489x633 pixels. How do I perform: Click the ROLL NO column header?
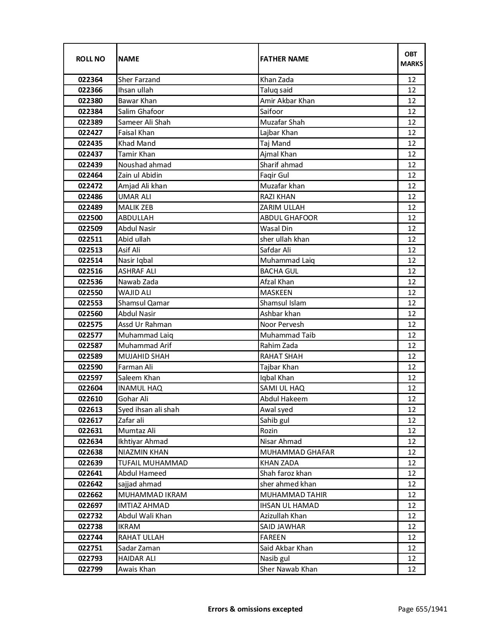pyautogui.click(x=90, y=59)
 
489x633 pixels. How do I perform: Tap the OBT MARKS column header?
pyautogui.click(x=412, y=59)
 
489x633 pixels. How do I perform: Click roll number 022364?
pyautogui.click(x=90, y=80)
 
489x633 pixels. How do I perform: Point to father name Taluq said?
pyautogui.click(x=276, y=90)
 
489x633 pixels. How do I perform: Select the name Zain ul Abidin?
pyautogui.click(x=140, y=175)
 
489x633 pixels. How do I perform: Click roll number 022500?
pyautogui.click(x=90, y=218)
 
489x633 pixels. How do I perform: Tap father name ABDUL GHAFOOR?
pyautogui.click(x=289, y=218)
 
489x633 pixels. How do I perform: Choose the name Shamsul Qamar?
pyautogui.click(x=144, y=303)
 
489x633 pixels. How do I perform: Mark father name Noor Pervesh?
pyautogui.click(x=282, y=325)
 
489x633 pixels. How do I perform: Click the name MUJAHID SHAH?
pyautogui.click(x=144, y=356)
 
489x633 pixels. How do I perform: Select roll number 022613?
pyautogui.click(x=90, y=410)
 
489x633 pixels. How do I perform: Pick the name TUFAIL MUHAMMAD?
pyautogui.click(x=153, y=463)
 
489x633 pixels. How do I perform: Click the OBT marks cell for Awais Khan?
pyautogui.click(x=412, y=569)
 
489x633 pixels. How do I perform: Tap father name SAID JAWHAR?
pyautogui.click(x=283, y=527)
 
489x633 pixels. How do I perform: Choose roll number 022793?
pyautogui.click(x=90, y=559)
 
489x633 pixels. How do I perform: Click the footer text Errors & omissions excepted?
pyautogui.click(x=255, y=609)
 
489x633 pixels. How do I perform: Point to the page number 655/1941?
pyautogui.click(x=423, y=609)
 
